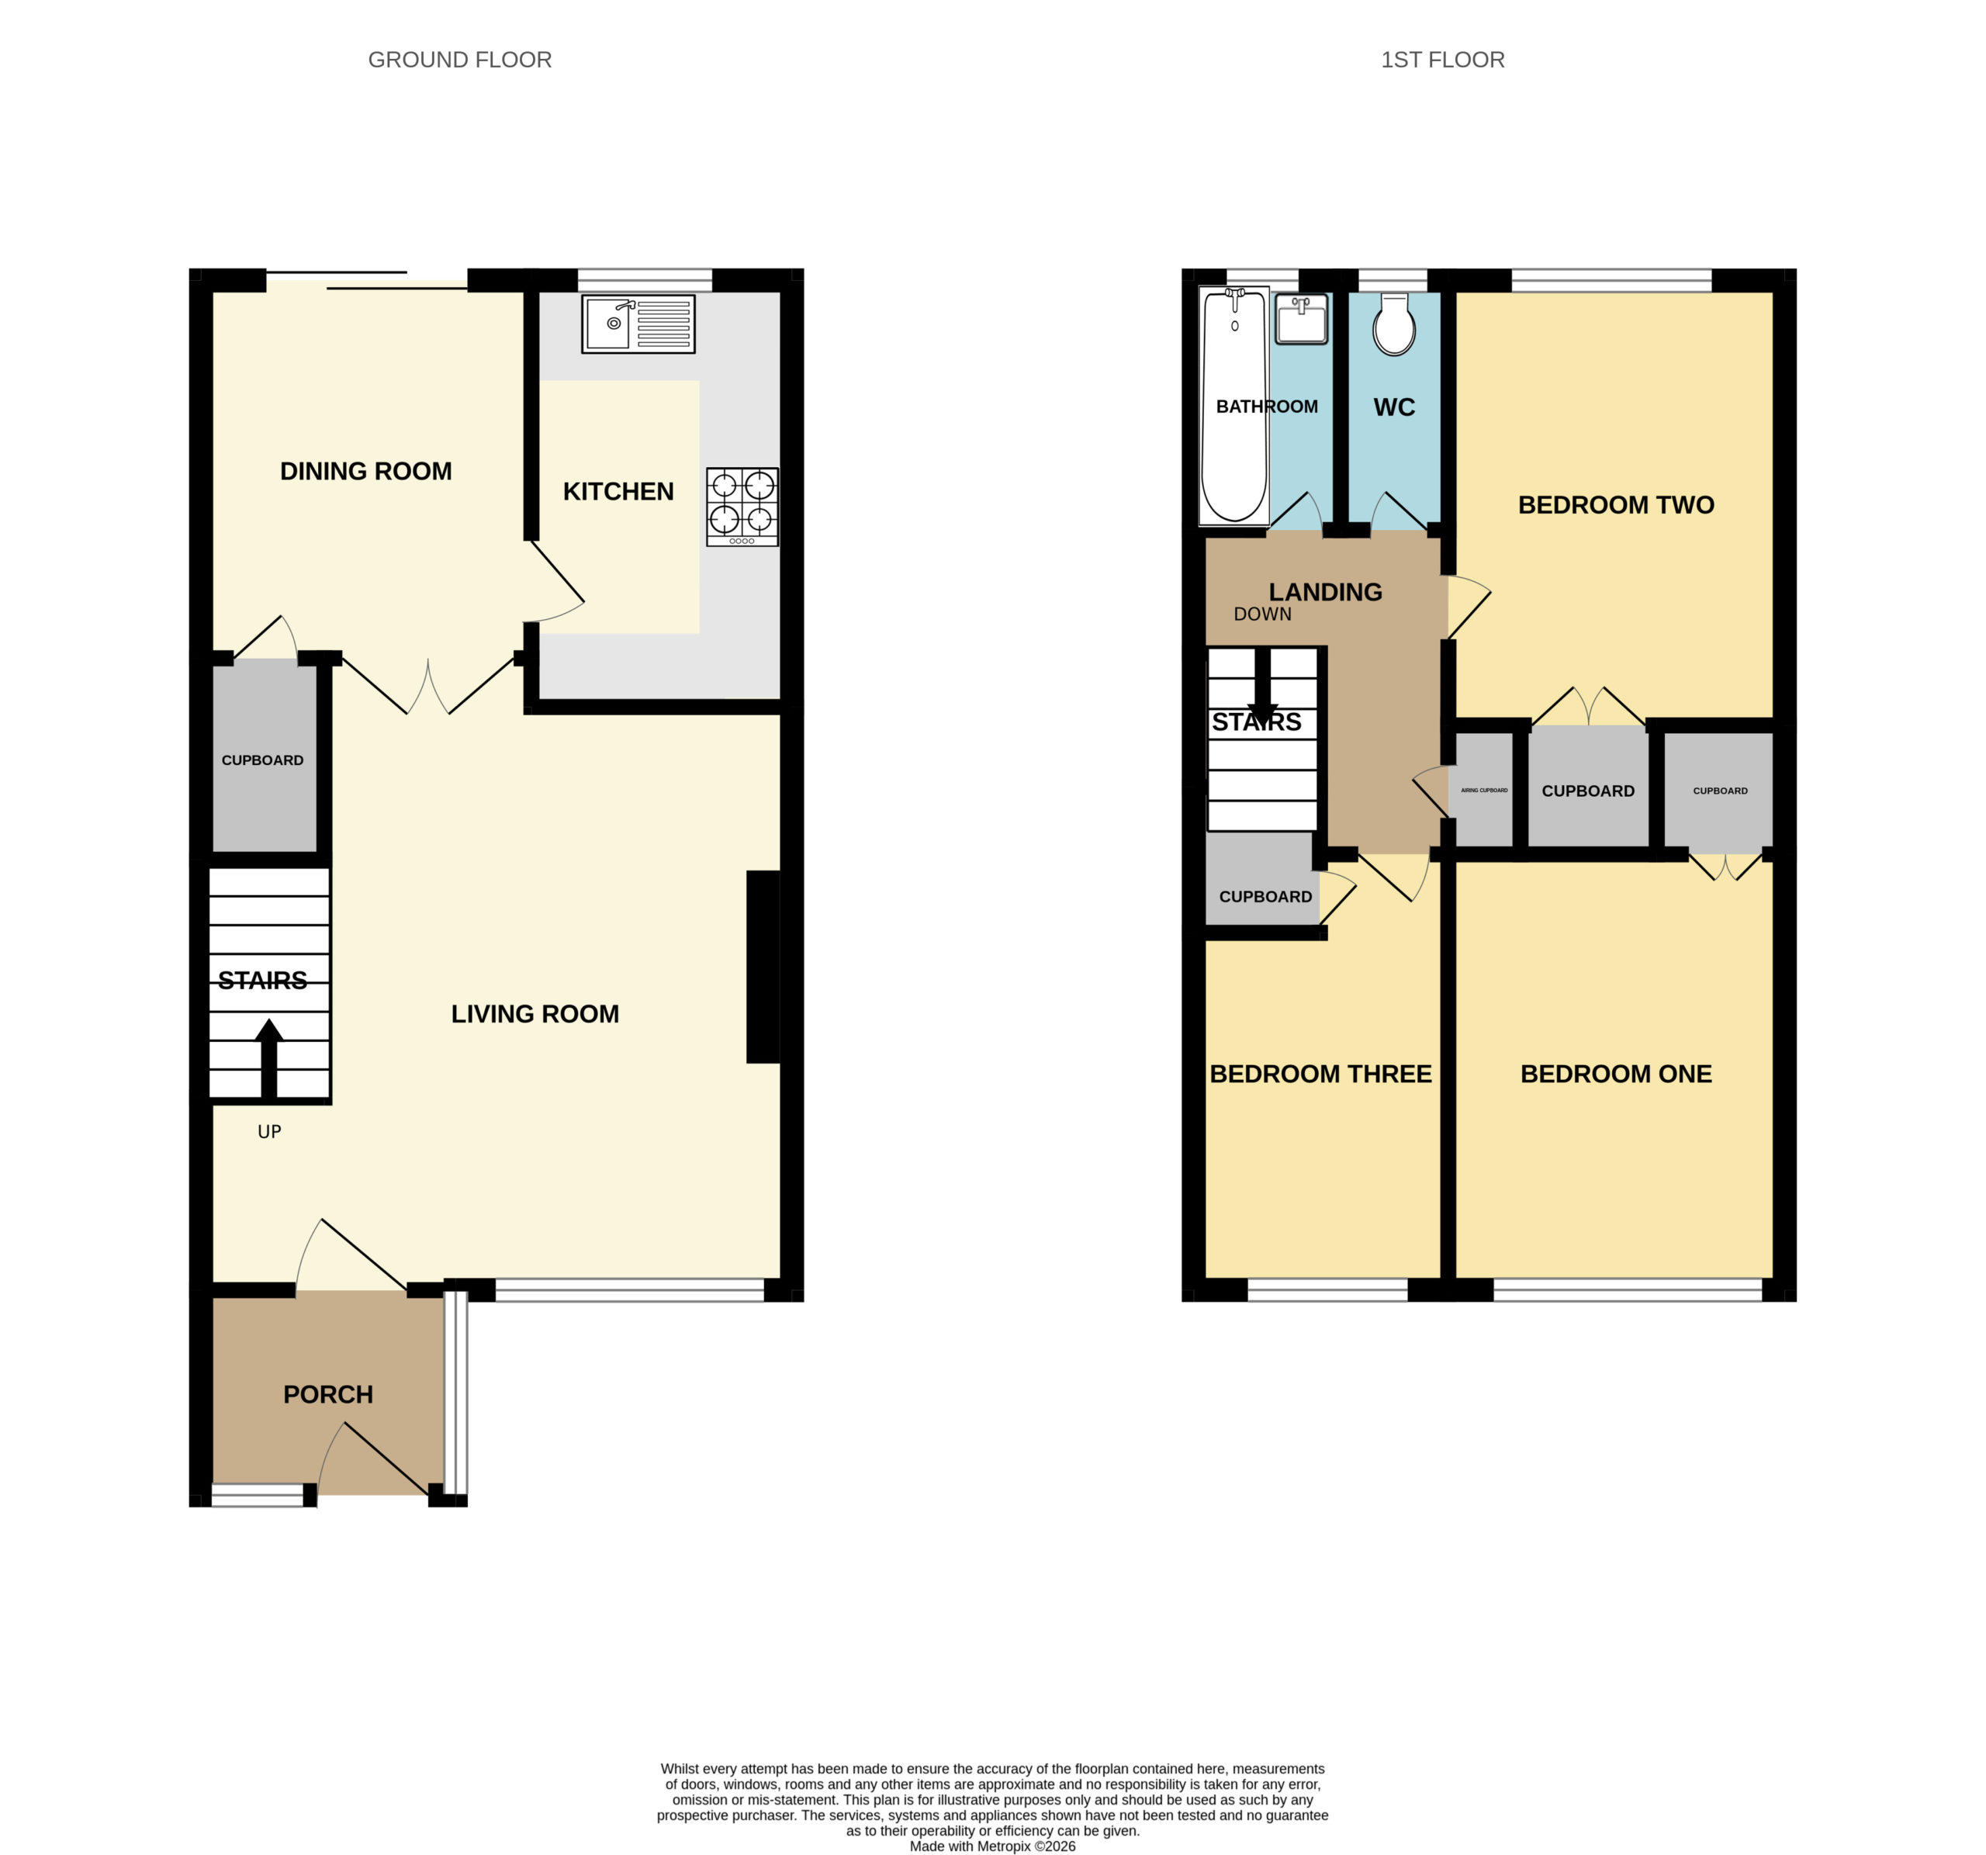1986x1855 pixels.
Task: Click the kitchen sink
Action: pyautogui.click(x=638, y=324)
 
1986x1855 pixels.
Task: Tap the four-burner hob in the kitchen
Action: pyautogui.click(x=742, y=507)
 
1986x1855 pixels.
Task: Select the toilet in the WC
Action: pyautogui.click(x=1393, y=324)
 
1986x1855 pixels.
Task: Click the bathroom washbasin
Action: pyautogui.click(x=1302, y=320)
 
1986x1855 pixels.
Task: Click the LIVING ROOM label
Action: pyautogui.click(x=535, y=1014)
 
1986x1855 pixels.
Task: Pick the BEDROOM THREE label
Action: pyautogui.click(x=1320, y=1074)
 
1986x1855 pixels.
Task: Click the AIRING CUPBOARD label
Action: pyautogui.click(x=1485, y=790)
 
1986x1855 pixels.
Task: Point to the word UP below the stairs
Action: pyautogui.click(x=270, y=1132)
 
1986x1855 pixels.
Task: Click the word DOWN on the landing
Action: pyautogui.click(x=1263, y=614)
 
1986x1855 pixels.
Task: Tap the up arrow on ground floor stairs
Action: pyautogui.click(x=268, y=1059)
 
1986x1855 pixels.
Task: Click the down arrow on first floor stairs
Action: pyautogui.click(x=1263, y=687)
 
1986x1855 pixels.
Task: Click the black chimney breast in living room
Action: pyautogui.click(x=763, y=967)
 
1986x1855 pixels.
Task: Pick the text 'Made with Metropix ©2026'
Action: pyautogui.click(x=992, y=1846)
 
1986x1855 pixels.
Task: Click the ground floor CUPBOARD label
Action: pyautogui.click(x=263, y=760)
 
